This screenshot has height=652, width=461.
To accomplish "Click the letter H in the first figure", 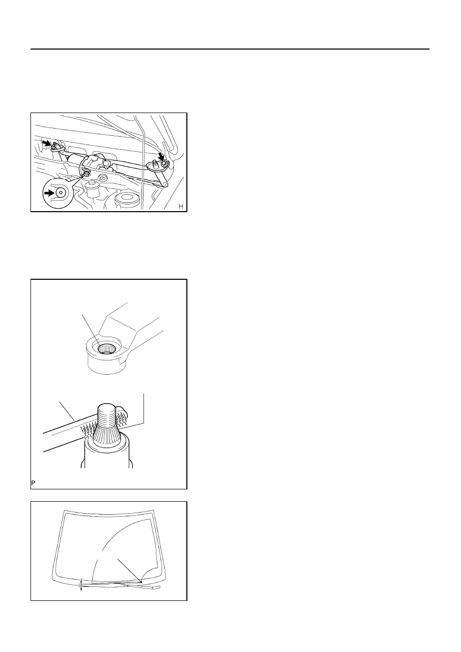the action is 181,206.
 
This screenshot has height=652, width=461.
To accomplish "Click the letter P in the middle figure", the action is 33,483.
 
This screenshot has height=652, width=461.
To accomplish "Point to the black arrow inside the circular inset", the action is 49,193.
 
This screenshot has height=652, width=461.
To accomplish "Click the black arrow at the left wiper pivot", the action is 46,142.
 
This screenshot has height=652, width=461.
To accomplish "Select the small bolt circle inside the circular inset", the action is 61,193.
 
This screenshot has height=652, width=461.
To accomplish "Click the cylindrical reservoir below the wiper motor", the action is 93,189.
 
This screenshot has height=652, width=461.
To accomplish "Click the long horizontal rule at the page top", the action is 230,49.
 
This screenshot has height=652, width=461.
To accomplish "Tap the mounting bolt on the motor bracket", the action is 86,174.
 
